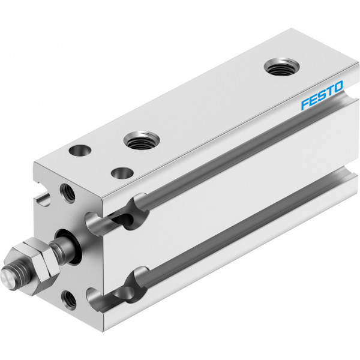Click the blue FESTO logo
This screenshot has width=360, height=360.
[322, 95]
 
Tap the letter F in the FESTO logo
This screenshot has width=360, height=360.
[305, 104]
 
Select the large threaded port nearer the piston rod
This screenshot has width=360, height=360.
[142, 140]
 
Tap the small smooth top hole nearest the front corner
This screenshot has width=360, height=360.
[122, 173]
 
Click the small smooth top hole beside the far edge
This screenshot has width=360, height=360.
[80, 151]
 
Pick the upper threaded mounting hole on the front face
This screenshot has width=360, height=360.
[67, 193]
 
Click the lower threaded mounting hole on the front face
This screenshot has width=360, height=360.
[68, 300]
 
